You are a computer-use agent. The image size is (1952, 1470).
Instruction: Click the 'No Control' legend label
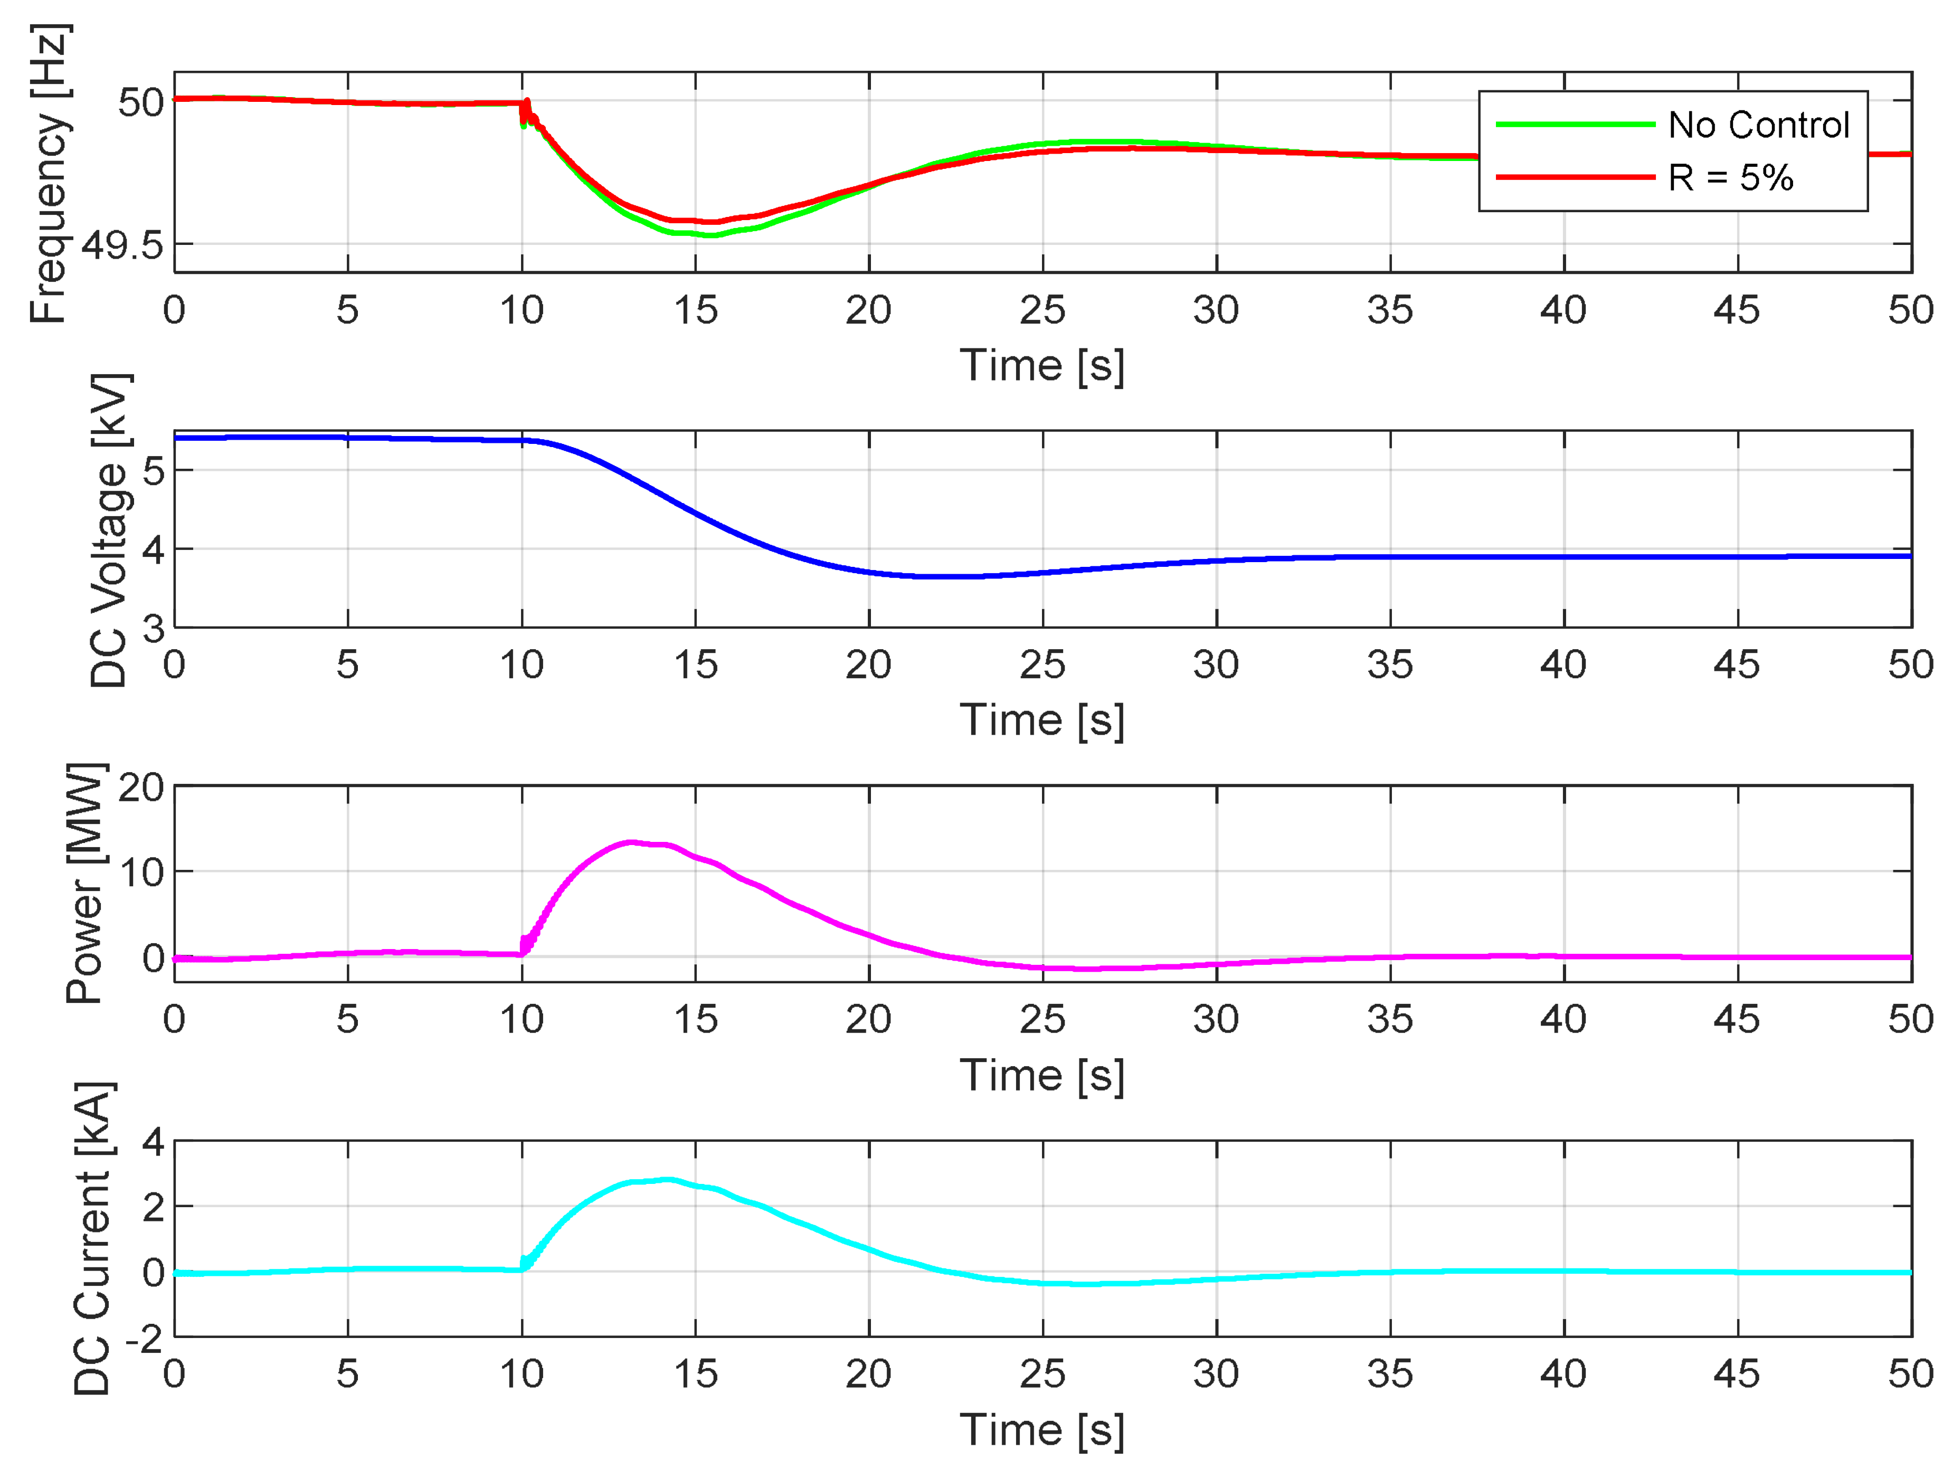click(x=1758, y=125)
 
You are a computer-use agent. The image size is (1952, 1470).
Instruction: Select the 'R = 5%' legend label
click(x=1730, y=178)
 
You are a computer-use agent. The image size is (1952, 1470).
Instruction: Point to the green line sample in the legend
click(x=1575, y=125)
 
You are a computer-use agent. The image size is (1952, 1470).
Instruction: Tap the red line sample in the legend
click(x=1575, y=177)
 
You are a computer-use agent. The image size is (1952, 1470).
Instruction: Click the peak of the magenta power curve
click(x=631, y=842)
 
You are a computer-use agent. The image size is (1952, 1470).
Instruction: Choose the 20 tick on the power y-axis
click(x=141, y=787)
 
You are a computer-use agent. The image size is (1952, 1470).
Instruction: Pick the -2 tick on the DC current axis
click(x=144, y=1340)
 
